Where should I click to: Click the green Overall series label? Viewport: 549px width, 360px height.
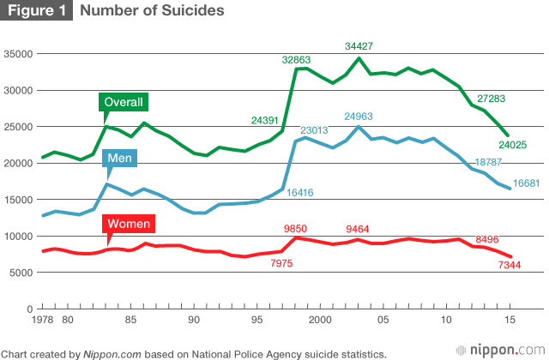(123, 102)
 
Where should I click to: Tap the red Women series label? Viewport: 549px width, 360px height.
(128, 225)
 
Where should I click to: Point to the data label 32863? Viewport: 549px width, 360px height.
(299, 60)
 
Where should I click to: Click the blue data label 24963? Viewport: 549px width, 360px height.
(361, 116)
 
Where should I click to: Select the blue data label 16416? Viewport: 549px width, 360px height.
(304, 194)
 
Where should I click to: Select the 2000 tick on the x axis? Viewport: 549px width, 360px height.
(320, 320)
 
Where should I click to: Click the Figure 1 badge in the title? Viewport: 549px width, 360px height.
(38, 11)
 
